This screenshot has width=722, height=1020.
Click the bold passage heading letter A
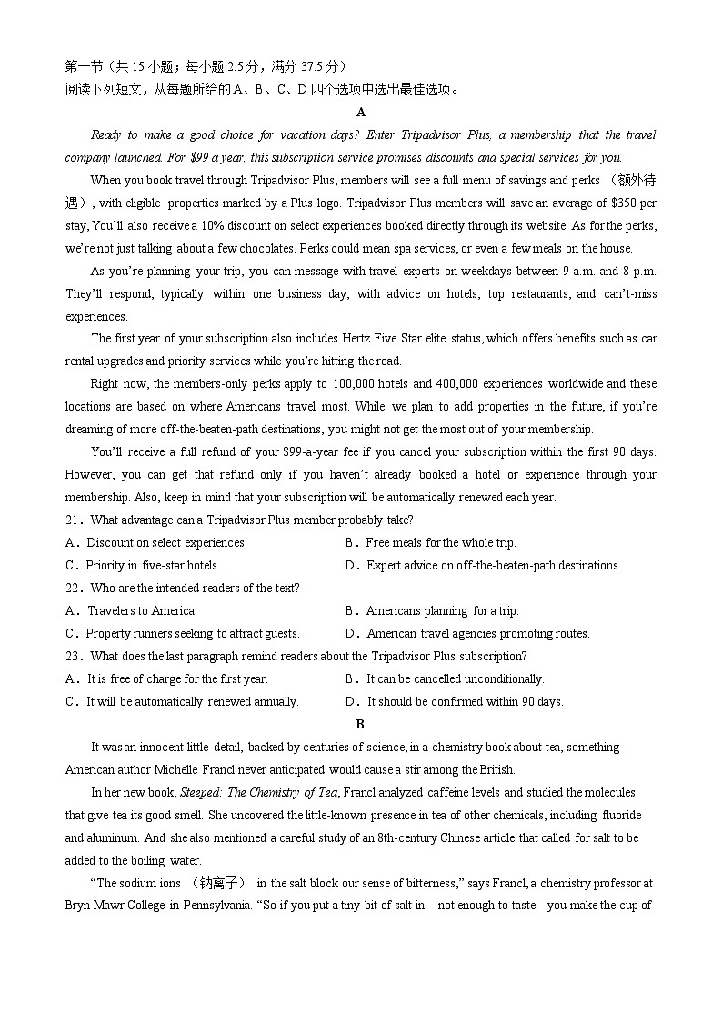click(x=361, y=112)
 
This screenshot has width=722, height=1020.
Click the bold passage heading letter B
click(x=360, y=724)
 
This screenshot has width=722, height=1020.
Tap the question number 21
click(x=74, y=520)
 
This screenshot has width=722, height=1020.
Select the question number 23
click(x=74, y=656)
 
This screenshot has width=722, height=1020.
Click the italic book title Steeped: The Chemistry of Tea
click(x=260, y=792)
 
